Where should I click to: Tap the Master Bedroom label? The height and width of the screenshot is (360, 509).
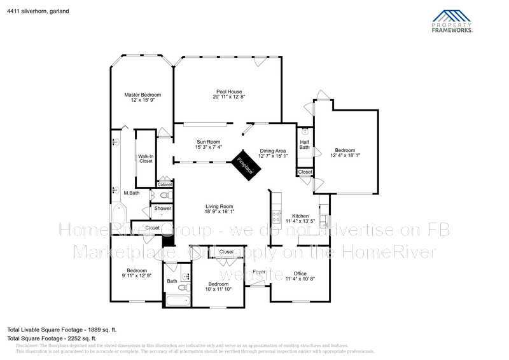[143, 97]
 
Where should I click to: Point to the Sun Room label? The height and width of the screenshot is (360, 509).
[208, 144]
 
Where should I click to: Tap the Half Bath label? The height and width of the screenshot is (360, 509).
[305, 144]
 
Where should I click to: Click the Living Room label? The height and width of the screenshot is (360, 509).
[219, 209]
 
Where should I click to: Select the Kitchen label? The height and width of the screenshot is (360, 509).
[300, 219]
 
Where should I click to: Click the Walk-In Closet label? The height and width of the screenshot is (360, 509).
[146, 159]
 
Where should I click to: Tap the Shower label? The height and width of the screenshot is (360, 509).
[162, 209]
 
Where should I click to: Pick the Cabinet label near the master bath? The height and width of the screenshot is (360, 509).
[164, 184]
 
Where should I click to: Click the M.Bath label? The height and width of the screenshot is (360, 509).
[132, 193]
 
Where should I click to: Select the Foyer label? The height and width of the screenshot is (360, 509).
[259, 272]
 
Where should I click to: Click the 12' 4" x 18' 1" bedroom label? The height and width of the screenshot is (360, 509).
[345, 153]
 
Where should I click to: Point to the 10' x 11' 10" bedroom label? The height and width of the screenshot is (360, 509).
[218, 286]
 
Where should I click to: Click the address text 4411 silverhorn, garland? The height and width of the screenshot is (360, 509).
[38, 11]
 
